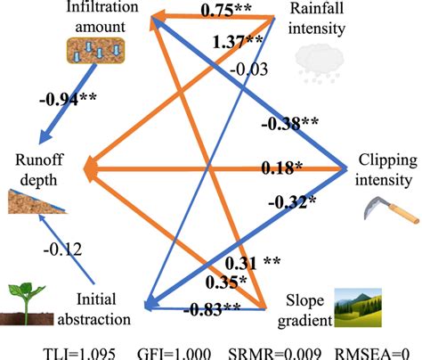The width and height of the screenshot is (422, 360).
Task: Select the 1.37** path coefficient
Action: pyautogui.click(x=236, y=41)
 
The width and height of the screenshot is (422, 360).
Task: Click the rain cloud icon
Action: pyautogui.click(x=318, y=55)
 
